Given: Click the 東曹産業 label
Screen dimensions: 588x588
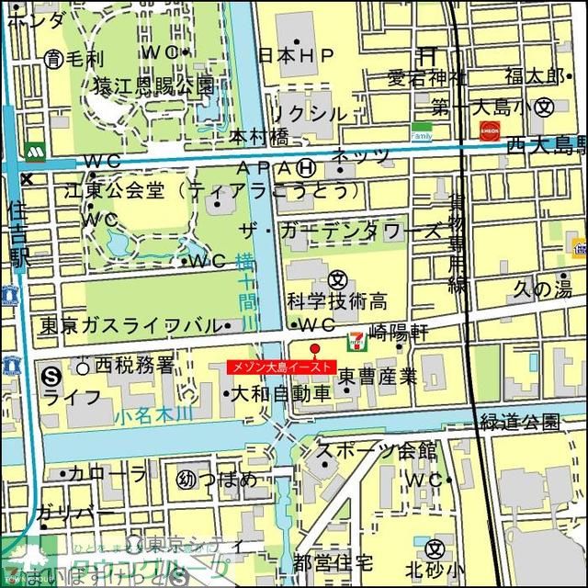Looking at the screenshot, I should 377,376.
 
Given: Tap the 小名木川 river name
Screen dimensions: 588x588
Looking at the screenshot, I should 153,415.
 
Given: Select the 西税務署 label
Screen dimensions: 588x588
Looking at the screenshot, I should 134,366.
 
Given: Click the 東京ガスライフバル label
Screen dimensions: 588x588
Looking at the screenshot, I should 129,325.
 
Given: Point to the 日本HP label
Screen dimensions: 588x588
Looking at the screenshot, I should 296,56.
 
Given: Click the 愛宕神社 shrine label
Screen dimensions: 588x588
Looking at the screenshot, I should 426,77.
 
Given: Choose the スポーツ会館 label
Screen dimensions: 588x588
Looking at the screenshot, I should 376,450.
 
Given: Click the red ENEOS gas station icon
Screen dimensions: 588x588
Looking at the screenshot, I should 490,131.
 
